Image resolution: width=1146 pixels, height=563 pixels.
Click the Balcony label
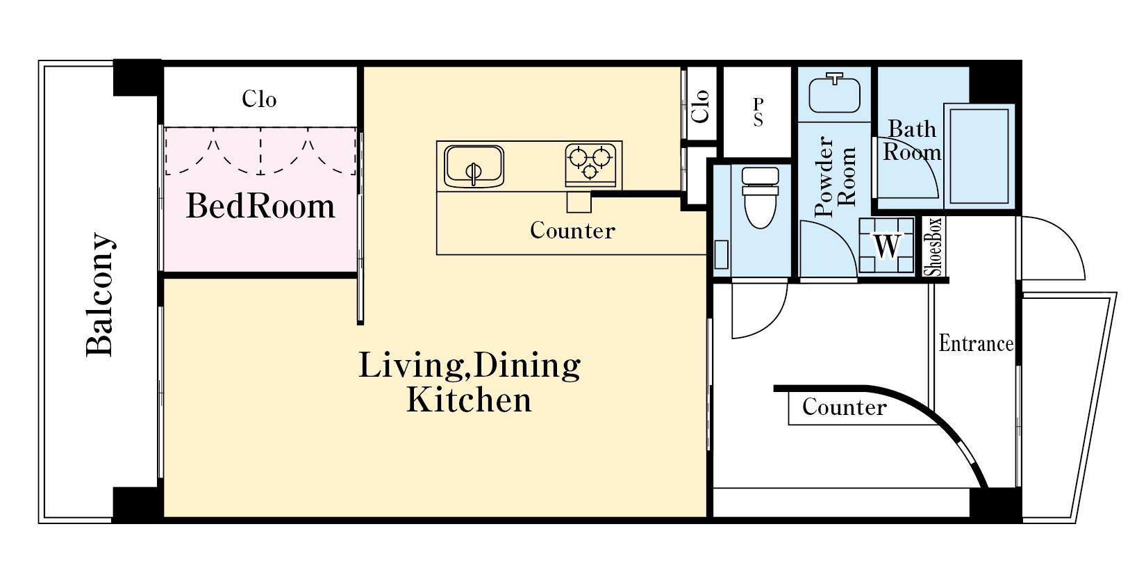(x=100, y=294)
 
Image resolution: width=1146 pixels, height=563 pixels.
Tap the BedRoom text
(x=260, y=206)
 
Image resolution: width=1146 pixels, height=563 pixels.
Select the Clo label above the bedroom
(x=259, y=99)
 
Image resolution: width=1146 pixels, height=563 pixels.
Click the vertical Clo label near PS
(x=700, y=106)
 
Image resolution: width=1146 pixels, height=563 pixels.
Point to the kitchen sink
(x=474, y=166)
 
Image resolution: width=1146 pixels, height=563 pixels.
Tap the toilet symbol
(x=761, y=197)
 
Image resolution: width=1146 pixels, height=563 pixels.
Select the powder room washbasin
(x=834, y=93)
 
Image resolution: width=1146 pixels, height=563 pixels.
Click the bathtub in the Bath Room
(x=979, y=156)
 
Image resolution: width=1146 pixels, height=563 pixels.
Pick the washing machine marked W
(x=887, y=245)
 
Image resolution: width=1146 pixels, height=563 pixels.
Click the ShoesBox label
(x=933, y=247)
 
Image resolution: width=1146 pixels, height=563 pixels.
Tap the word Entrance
(x=976, y=343)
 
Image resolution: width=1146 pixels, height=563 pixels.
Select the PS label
(x=758, y=112)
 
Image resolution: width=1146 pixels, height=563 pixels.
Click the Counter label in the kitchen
(x=572, y=230)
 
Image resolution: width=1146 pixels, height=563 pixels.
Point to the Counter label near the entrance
(x=844, y=407)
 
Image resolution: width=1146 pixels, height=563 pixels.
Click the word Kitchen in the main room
(x=469, y=400)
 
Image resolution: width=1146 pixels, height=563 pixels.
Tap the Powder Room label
(x=835, y=177)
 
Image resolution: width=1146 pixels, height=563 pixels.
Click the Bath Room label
(x=912, y=140)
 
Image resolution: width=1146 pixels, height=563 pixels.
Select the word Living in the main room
(x=404, y=365)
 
